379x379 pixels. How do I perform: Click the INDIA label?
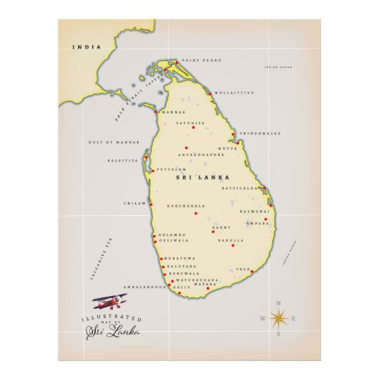[85, 47]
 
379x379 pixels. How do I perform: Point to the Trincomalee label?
[259, 133]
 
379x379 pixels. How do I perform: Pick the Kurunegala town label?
[186, 206]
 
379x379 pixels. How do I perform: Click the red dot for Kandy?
[212, 232]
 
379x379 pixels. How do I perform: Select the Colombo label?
[172, 235]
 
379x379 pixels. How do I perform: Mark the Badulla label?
[231, 240]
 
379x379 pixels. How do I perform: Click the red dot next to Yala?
[252, 272]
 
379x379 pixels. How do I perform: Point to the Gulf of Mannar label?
[106, 142]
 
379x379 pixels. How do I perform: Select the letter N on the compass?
[278, 302]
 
